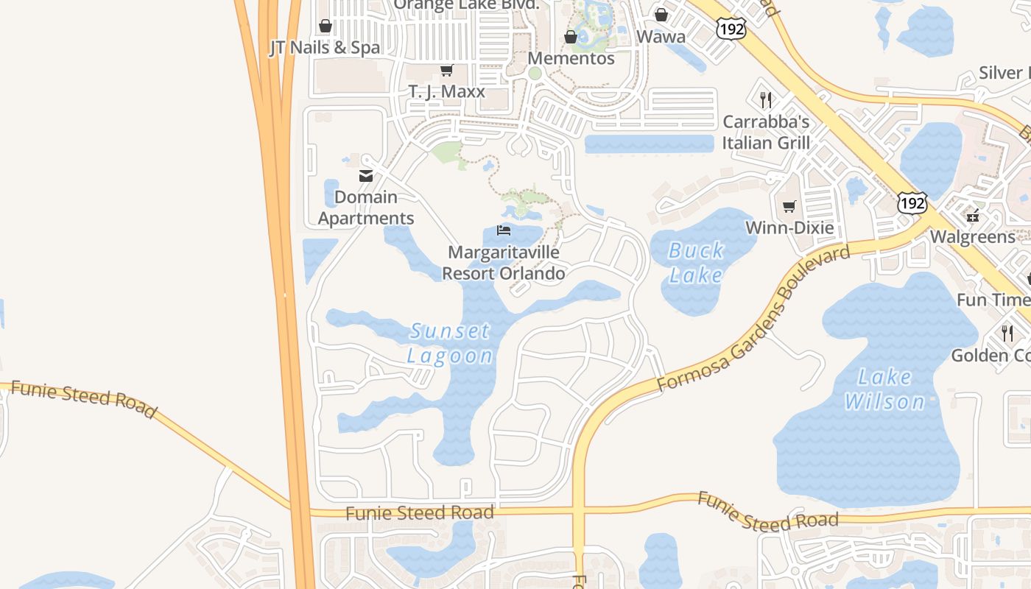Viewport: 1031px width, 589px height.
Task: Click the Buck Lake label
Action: pos(696,263)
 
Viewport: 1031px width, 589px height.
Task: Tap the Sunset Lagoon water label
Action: pos(450,343)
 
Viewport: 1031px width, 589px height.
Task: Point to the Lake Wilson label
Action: pos(884,389)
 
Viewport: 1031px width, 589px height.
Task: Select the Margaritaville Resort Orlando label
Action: pos(504,263)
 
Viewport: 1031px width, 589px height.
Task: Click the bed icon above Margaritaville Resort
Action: pos(504,230)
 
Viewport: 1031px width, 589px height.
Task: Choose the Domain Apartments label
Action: pos(367,208)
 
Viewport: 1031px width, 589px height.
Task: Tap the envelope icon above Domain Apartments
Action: pos(365,176)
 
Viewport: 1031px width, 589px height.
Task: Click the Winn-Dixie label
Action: pos(789,228)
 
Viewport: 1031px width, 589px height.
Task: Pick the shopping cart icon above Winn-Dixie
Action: pos(789,207)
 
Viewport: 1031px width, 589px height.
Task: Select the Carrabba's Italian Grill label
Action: pos(766,133)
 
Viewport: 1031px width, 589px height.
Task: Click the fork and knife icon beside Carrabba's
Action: pos(766,100)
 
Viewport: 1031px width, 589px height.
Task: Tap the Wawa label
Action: pos(661,37)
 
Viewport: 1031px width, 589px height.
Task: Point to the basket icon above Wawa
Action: pos(661,15)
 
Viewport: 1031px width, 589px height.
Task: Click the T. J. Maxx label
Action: pos(447,92)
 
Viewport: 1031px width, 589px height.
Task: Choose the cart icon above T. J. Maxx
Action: pos(446,71)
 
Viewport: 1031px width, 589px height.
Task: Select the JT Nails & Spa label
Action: pos(325,48)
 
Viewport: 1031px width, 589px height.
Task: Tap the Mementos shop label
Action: pos(571,58)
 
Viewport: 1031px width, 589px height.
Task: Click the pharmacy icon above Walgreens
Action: pos(973,216)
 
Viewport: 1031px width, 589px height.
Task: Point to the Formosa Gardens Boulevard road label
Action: pos(753,319)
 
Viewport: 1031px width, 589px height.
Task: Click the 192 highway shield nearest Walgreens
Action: pos(912,202)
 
